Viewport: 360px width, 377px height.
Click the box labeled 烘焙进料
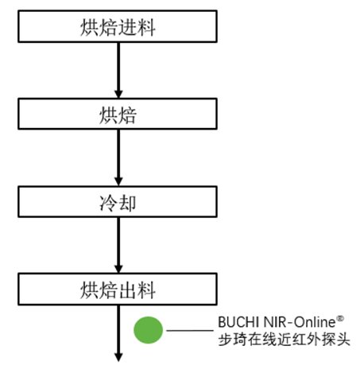coord(118,26)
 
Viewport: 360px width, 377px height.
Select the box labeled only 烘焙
coord(118,114)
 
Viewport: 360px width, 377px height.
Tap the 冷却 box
coord(118,202)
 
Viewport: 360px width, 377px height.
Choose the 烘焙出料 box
coord(118,290)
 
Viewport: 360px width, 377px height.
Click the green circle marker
coord(148,330)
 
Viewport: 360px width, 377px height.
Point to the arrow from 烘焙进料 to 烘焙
coord(118,70)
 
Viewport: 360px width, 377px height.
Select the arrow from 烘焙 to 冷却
coord(118,157)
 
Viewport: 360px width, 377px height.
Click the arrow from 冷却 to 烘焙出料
coord(118,245)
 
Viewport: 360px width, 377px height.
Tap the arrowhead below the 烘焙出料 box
coord(118,357)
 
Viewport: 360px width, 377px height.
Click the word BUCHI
coord(239,322)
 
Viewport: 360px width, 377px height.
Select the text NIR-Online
coord(300,322)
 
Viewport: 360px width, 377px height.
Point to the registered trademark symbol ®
coord(340,318)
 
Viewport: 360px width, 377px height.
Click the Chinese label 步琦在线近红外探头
coord(284,340)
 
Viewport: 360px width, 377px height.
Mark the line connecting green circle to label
coord(190,330)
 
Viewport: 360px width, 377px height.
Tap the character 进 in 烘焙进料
coord(127,27)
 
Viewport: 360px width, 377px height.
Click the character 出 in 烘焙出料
coord(127,290)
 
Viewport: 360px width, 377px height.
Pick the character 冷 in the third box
coord(108,203)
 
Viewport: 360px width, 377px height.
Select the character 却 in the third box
coord(127,203)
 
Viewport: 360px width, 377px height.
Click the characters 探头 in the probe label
coord(335,340)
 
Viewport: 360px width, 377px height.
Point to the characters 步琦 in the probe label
coord(232,340)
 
